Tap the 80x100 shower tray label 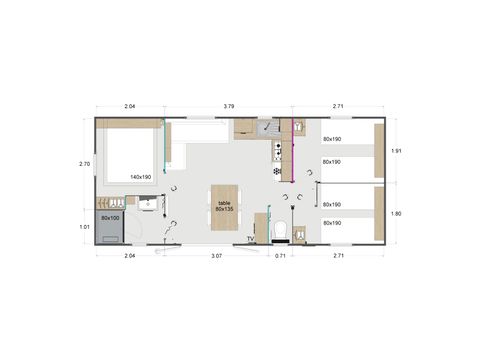(x=110, y=217)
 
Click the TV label (x=250, y=239)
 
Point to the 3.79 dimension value (x=229, y=106)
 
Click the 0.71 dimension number (x=281, y=256)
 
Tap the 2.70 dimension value (x=85, y=164)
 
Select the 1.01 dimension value (x=85, y=227)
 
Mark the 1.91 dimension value (x=397, y=151)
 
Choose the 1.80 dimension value (x=397, y=213)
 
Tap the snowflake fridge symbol (x=277, y=171)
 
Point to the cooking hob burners (x=277, y=151)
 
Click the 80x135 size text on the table (x=222, y=210)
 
